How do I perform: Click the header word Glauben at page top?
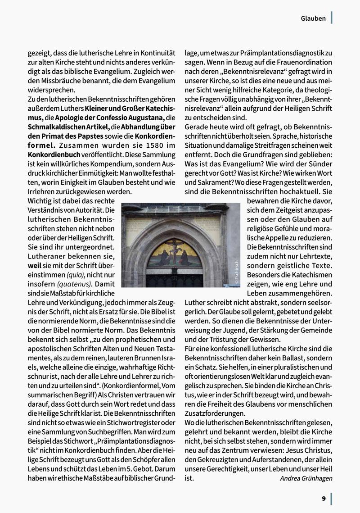coord(313,18)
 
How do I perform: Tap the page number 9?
coord(324,498)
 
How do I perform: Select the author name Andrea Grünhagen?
coord(306,478)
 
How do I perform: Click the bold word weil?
coord(35,265)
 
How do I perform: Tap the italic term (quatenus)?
coord(72,284)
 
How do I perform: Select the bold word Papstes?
coord(88,136)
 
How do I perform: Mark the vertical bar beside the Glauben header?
coord(331,18)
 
